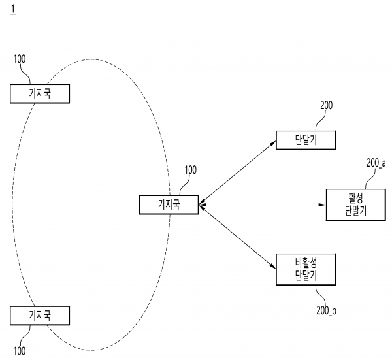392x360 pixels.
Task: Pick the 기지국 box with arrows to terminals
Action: click(x=169, y=205)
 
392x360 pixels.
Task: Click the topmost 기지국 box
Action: click(x=40, y=94)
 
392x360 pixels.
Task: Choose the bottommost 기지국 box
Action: click(x=40, y=316)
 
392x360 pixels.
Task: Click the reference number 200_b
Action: click(x=325, y=310)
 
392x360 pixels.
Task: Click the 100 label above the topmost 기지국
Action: click(x=20, y=58)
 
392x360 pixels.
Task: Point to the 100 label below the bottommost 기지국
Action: click(x=20, y=352)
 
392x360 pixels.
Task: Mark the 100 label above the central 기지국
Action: click(x=189, y=171)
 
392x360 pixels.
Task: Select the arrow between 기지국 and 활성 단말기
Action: click(x=261, y=205)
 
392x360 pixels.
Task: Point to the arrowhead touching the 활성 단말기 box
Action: click(x=321, y=205)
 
